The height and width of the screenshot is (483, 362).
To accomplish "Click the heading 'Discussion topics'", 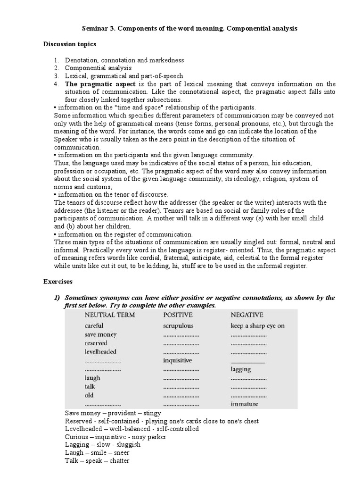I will point(70,44).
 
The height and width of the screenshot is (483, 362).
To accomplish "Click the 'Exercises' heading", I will point(58,282).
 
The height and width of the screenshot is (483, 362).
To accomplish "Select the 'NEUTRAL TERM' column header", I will point(108,315).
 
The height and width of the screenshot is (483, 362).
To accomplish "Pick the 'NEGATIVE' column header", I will point(247,315).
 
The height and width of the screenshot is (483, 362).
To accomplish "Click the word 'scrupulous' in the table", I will point(178,325).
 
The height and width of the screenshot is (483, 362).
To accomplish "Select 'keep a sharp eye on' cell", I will point(257,325).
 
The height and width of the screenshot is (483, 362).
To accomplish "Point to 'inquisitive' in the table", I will point(178,360).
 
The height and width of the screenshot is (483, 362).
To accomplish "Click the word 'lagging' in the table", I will point(241,369).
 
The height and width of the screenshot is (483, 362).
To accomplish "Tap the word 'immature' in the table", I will point(245,404).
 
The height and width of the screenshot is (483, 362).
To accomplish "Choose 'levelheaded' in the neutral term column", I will point(100,351).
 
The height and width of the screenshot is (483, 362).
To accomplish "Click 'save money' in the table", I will point(100,334).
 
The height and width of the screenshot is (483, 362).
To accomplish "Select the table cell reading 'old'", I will point(90,395).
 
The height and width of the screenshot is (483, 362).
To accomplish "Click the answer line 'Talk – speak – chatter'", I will point(97,461).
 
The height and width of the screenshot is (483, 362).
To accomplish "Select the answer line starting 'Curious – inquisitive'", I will point(115,437).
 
